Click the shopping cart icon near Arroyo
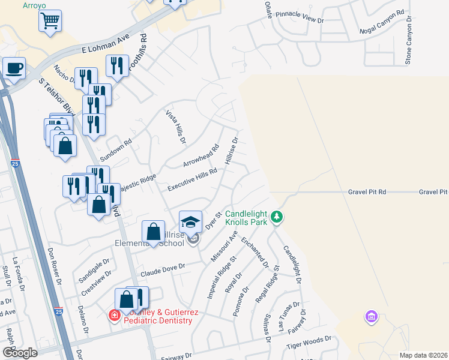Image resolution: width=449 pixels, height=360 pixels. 50,22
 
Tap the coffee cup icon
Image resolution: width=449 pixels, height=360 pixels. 14,68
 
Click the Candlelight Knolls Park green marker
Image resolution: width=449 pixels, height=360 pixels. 276,216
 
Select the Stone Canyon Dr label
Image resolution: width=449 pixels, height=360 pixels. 409,41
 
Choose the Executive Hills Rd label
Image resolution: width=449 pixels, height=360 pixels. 192,178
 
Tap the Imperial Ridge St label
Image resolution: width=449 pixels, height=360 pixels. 221,277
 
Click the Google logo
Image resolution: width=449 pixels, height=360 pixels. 20,353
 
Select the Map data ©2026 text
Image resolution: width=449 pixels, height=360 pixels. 423,355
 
